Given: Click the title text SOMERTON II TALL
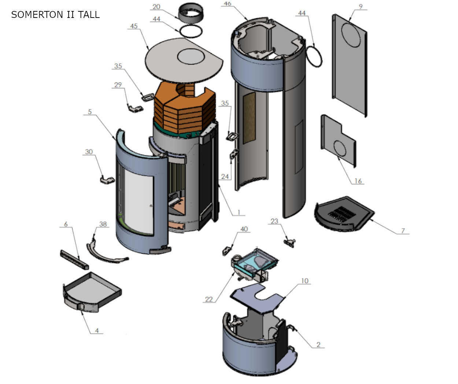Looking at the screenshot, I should (55, 15).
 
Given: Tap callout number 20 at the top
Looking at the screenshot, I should (156, 7).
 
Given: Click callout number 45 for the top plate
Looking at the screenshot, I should (134, 26).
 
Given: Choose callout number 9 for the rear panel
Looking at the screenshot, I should (361, 7).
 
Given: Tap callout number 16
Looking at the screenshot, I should (358, 181).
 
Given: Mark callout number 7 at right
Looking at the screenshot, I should (403, 231).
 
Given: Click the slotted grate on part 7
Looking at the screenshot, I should (341, 214).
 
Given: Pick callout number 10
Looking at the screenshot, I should (305, 281).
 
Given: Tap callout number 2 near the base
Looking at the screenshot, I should (318, 345).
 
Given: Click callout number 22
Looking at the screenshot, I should (209, 299).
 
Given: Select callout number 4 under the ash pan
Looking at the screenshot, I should (97, 331).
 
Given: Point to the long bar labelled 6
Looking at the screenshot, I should (74, 259).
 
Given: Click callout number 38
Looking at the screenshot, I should (103, 224).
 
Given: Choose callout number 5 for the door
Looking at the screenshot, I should (90, 112).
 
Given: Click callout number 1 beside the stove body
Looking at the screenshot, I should (239, 212).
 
